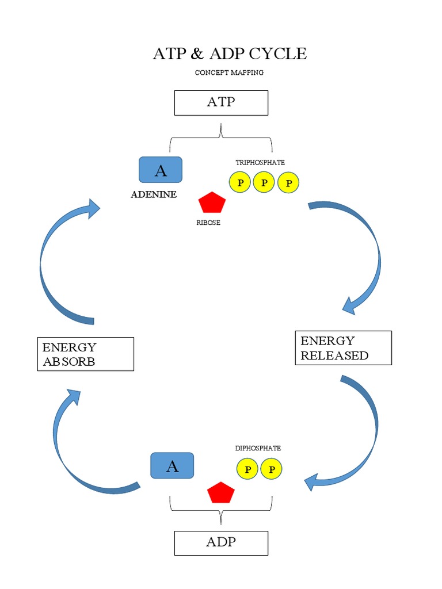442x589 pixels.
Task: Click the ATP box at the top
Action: pos(221,102)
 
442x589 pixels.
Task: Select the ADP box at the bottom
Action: pos(221,542)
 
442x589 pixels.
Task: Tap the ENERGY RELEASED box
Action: pos(343,347)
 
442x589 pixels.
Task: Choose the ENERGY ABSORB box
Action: pos(85,354)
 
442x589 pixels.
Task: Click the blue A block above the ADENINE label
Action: pos(161,170)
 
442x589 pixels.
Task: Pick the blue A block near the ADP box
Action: pos(172,465)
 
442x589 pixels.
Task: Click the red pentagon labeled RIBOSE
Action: pos(212,203)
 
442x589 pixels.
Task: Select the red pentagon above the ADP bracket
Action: pos(221,493)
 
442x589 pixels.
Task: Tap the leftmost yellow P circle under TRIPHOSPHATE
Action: pos(239,182)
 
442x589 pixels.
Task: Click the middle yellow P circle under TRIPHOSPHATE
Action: pos(264,182)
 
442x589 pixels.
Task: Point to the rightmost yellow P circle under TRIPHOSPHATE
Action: pos(288,182)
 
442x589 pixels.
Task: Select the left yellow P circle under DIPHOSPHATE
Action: pos(247,469)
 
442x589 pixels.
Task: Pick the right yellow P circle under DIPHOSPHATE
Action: pos(272,469)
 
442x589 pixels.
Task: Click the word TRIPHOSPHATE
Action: pos(260,162)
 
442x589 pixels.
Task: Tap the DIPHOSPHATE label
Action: pos(258,448)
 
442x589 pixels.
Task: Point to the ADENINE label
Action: pos(154,194)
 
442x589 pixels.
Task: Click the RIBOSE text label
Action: pos(208,223)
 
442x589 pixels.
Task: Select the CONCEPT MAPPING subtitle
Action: pos(229,72)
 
